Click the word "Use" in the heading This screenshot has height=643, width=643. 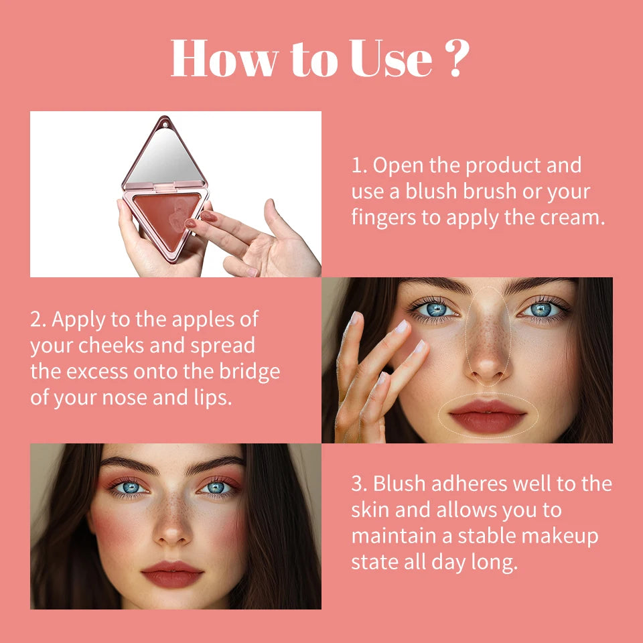point(391,59)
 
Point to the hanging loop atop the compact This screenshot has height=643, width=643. point(162,121)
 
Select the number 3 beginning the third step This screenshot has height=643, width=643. point(357,484)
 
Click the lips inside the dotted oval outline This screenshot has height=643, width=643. point(488,416)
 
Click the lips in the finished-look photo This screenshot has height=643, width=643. point(172,574)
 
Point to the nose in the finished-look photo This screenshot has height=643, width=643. point(173,522)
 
